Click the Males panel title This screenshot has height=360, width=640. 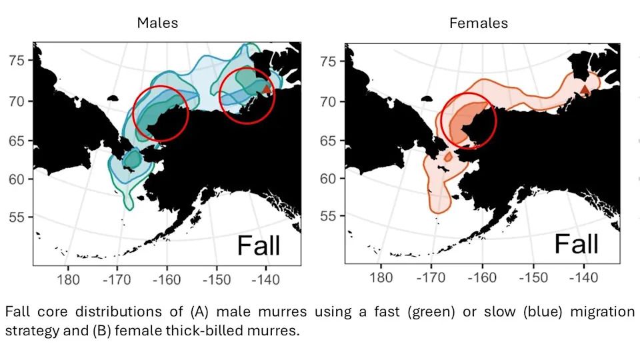[157, 23]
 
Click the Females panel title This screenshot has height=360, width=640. [478, 23]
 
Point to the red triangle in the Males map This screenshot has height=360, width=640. [267, 89]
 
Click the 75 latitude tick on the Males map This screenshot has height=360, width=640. [17, 61]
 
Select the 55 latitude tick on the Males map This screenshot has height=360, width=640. [17, 218]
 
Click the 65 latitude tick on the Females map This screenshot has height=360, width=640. [328, 141]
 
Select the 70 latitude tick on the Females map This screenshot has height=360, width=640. [328, 102]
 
